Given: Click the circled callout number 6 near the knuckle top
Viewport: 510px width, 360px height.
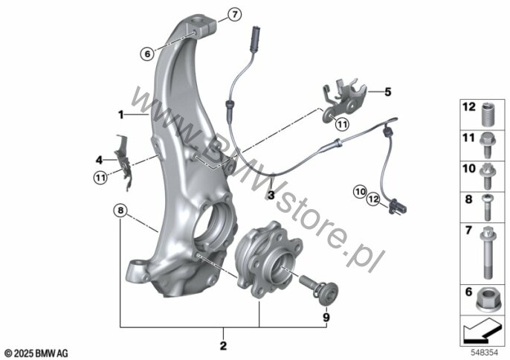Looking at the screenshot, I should pos(147,53).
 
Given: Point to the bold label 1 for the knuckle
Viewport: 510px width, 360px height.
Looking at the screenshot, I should pos(119,115).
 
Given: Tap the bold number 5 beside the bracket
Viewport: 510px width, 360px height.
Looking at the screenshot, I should pos(98,159).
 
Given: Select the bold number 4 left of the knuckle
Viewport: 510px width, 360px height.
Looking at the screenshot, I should pos(387,93).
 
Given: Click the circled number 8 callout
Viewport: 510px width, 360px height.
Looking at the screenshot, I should pos(120,210).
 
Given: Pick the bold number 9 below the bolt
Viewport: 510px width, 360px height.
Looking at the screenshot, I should pos(325,316).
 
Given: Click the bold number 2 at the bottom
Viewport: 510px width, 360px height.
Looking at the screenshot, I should pos(222,345).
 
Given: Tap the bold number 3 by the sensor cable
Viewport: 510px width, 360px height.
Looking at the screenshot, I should pos(271,195).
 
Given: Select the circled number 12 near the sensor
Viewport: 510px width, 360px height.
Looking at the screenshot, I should pos(373,198).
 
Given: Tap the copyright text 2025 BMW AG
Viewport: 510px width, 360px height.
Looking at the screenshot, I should pos(36,351).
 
